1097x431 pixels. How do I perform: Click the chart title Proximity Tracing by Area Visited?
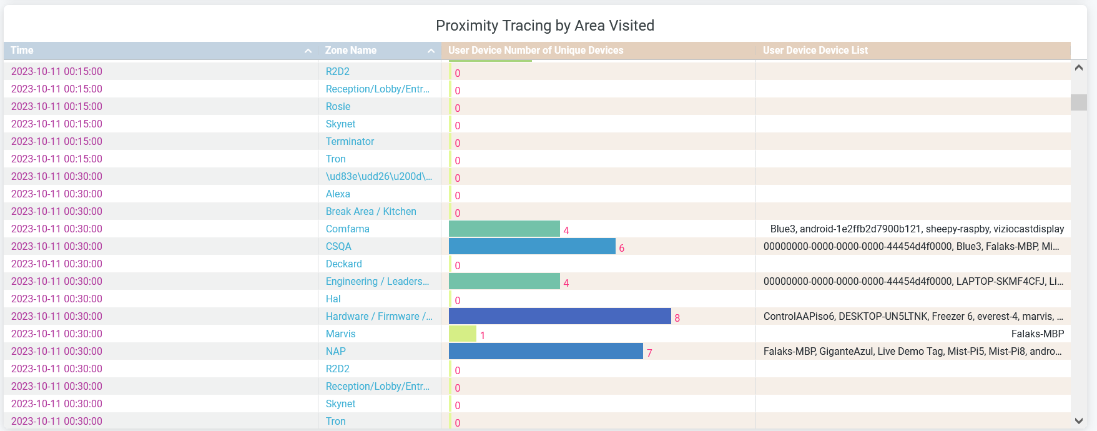point(544,26)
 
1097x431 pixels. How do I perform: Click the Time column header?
point(22,51)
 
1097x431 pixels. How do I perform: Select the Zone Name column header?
point(350,51)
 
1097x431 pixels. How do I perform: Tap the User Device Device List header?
point(815,51)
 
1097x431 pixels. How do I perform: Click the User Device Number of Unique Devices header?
point(535,51)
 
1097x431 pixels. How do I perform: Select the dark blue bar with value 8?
point(559,316)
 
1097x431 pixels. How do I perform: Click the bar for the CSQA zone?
point(532,246)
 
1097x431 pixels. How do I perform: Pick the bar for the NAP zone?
point(546,351)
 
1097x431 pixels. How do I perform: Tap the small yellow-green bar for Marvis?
point(463,334)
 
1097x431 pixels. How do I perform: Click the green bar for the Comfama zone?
point(504,229)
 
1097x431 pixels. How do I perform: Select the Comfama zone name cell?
point(348,229)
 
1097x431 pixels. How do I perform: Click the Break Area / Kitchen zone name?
point(371,211)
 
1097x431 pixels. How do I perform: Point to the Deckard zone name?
point(344,264)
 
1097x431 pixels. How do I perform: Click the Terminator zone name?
point(350,141)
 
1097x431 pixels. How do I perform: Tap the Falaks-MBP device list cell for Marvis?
point(1037,334)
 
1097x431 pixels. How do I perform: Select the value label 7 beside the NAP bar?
point(649,353)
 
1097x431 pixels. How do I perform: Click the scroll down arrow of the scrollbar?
point(1078,421)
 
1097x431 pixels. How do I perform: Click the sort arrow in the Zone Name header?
point(431,51)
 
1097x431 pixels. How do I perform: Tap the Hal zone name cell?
point(333,299)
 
